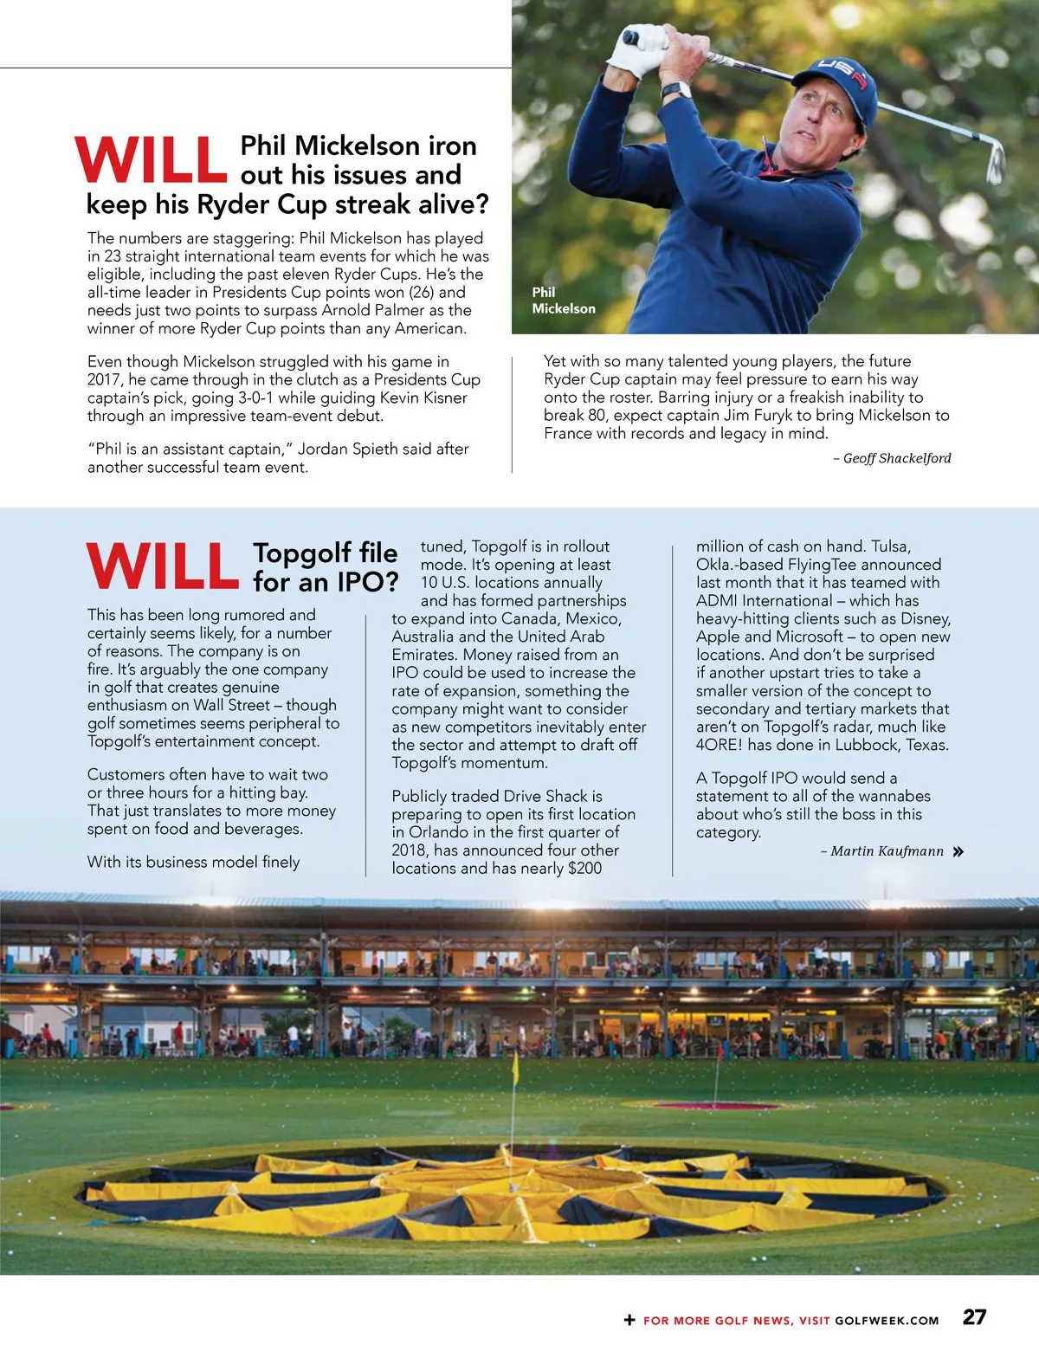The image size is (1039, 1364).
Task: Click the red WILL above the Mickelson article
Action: coord(151,160)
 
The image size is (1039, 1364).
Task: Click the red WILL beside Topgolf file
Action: coord(162,566)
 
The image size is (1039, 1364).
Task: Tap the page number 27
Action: coord(974,1317)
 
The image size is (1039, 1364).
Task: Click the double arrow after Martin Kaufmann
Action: coord(958,852)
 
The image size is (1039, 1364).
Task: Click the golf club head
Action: coord(997,163)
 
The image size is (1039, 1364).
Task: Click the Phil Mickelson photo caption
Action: coord(563,301)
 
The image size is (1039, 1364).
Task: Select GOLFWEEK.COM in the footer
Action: coord(887,1321)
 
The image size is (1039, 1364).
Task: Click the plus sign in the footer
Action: coord(629,1320)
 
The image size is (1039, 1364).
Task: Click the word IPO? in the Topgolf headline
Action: coord(368,582)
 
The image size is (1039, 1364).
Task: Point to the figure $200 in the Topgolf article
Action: coord(584,868)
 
